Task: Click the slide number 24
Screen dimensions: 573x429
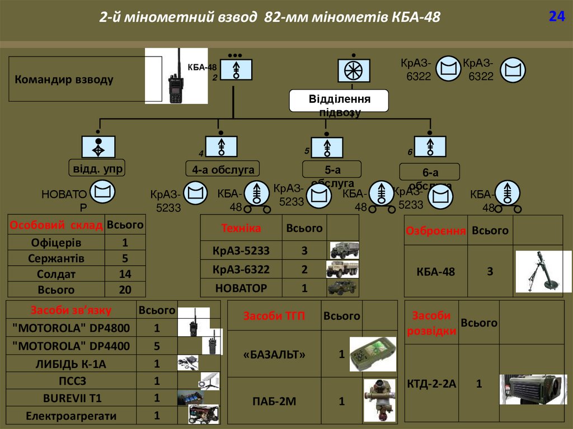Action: click(556, 17)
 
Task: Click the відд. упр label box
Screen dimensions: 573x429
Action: click(97, 168)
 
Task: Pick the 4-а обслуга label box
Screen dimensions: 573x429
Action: click(223, 169)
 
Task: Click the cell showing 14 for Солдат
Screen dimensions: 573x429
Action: click(125, 274)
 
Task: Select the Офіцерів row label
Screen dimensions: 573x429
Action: click(56, 243)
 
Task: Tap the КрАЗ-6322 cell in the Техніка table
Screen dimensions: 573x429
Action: click(241, 270)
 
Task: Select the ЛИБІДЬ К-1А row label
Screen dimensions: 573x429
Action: click(71, 364)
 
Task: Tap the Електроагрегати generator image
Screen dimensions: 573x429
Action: click(203, 414)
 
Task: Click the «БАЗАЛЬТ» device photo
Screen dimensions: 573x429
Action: click(372, 354)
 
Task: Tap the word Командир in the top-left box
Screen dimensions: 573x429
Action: click(39, 80)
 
